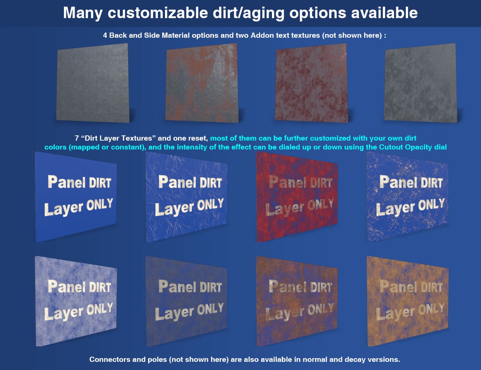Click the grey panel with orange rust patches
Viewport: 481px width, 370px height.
202,83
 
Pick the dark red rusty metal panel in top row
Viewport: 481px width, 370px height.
311,83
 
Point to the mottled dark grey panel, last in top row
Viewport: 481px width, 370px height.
420,83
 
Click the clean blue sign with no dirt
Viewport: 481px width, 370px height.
76,196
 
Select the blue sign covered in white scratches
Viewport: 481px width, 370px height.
187,196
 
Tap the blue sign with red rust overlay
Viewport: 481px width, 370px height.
297,196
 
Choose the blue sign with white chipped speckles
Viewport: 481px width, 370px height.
408,196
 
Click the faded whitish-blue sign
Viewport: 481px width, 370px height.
76,300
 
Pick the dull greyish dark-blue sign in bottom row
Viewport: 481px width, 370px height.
187,300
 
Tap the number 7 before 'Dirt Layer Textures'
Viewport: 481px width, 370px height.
77,138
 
